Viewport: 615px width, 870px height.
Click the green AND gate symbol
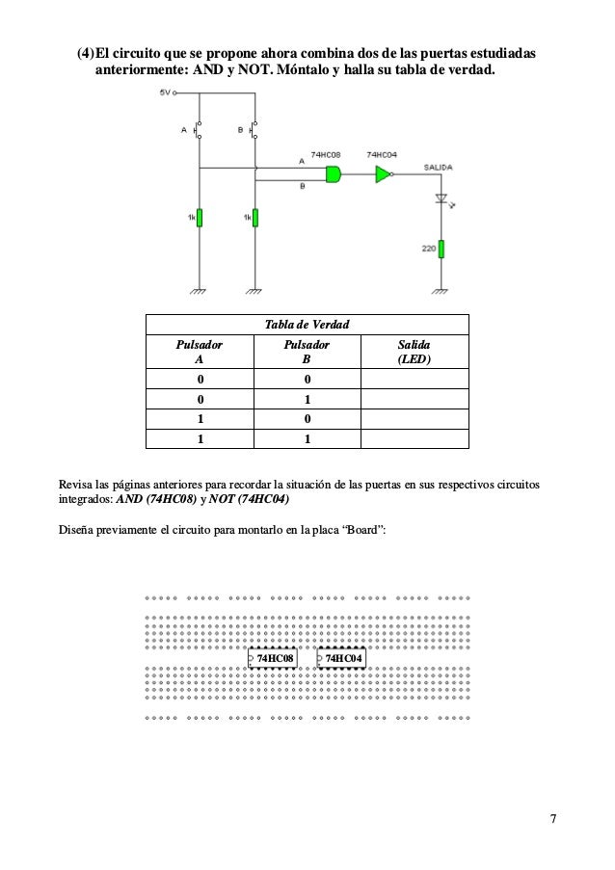click(334, 174)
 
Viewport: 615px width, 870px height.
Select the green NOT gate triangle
click(383, 174)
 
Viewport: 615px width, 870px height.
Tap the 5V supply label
click(165, 94)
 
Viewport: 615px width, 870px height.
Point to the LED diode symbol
click(441, 199)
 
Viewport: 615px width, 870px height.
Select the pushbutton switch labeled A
click(198, 128)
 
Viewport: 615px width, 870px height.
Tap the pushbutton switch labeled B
click(254, 128)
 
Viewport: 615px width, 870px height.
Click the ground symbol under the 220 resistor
click(441, 289)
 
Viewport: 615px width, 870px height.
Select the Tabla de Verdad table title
click(306, 324)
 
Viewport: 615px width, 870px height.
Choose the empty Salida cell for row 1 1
click(414, 438)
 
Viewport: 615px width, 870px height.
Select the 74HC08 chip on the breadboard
click(273, 659)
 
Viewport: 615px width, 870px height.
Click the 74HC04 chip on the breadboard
click(341, 659)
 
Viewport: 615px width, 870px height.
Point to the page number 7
click(552, 820)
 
